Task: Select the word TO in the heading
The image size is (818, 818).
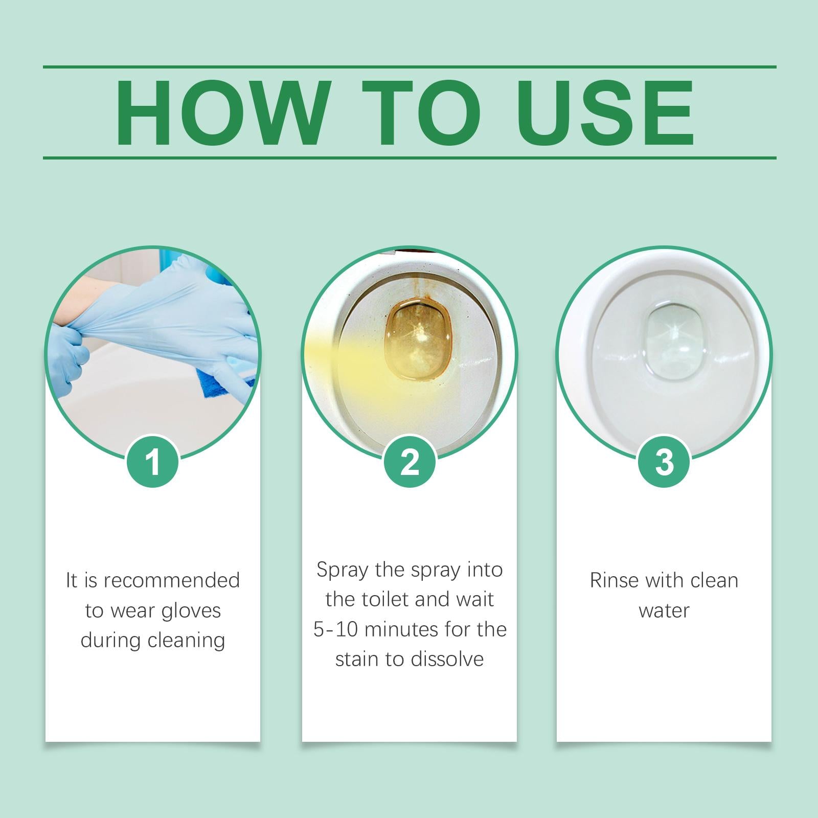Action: pos(421,113)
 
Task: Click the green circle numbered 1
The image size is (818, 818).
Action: pos(152,462)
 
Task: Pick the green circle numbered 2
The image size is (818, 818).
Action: pos(409,462)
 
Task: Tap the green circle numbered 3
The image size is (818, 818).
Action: pos(664,462)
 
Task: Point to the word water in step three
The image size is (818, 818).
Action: pos(664,610)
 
